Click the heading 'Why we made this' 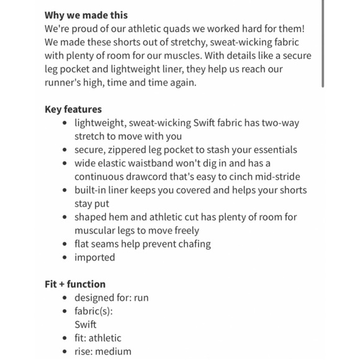(86, 16)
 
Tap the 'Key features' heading (73, 109)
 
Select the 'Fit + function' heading (74, 284)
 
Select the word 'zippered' (133, 150)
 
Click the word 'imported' (95, 258)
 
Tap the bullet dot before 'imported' (65, 258)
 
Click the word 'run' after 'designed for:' (141, 298)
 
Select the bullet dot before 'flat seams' (65, 244)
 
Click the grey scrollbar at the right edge (322, 43)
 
